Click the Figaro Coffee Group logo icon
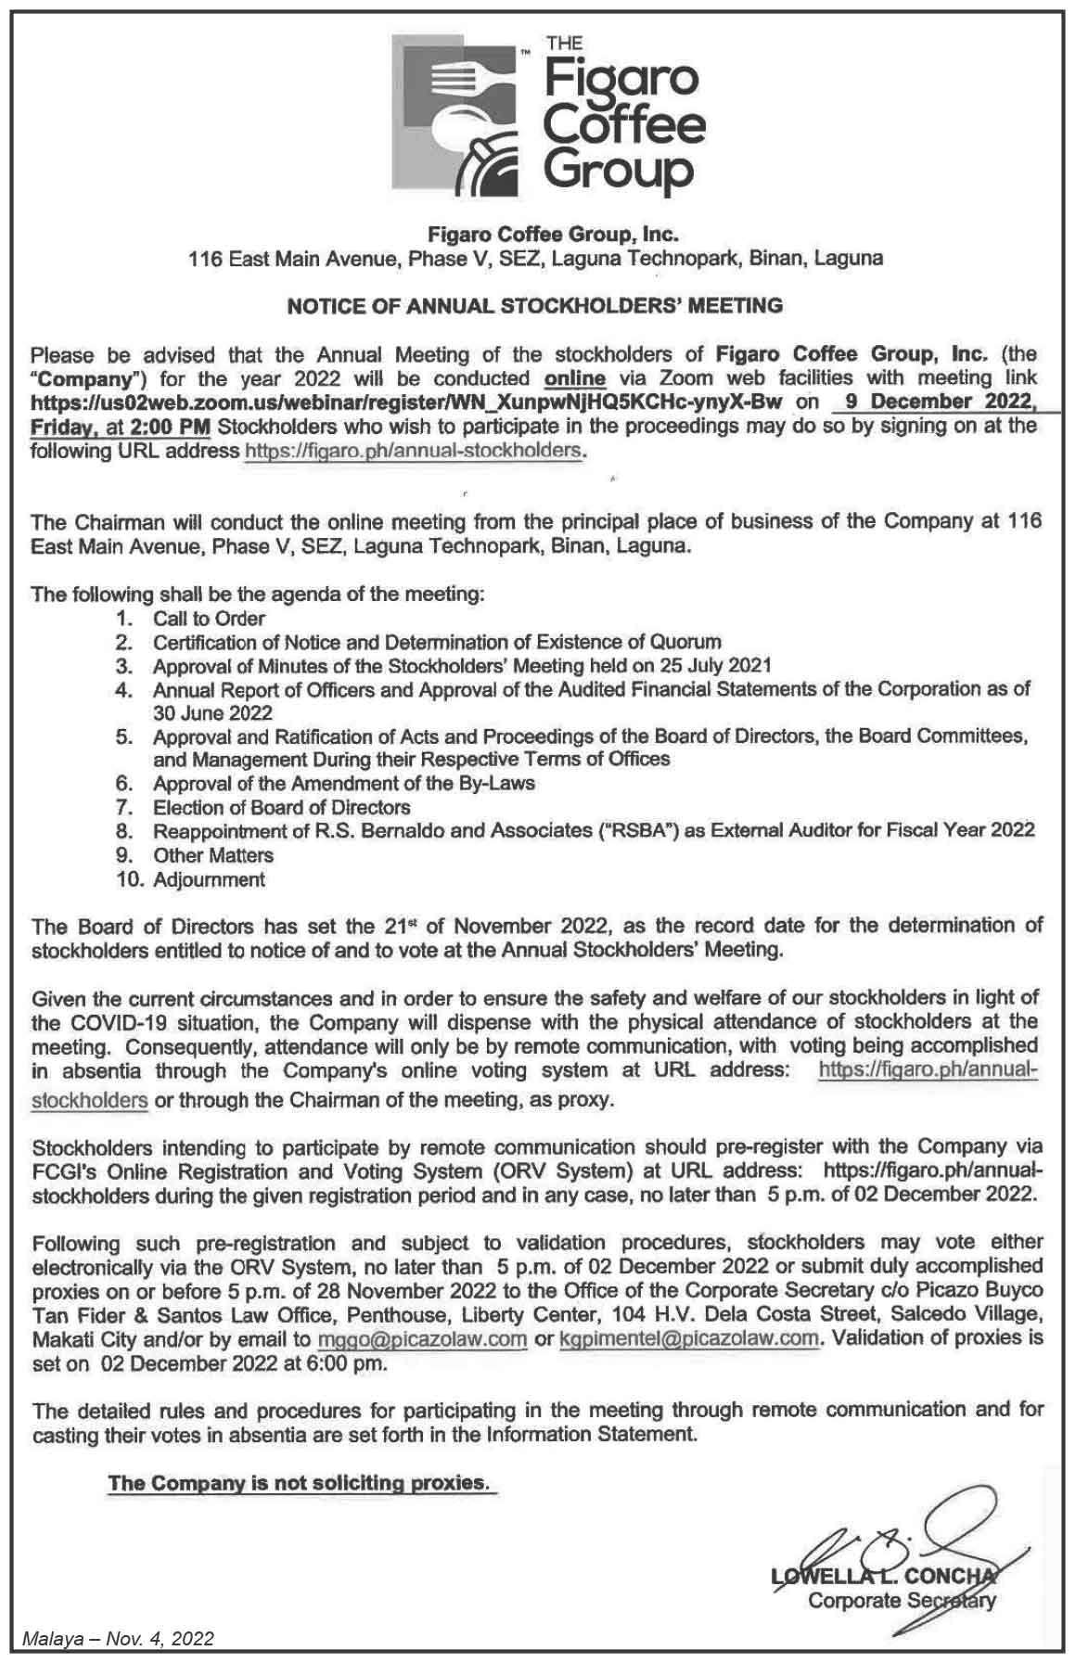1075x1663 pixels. click(x=454, y=111)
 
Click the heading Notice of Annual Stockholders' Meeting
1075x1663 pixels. click(x=535, y=305)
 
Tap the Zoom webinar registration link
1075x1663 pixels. click(x=407, y=402)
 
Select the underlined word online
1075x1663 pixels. click(x=575, y=378)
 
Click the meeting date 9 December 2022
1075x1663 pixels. click(x=933, y=402)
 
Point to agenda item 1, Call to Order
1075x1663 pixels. click(x=209, y=619)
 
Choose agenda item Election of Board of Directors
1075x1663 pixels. click(x=281, y=807)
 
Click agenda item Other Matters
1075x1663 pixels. click(x=213, y=855)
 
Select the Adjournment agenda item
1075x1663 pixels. click(x=209, y=879)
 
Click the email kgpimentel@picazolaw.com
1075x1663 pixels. click(x=689, y=1338)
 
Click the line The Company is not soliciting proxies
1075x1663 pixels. click(x=298, y=1482)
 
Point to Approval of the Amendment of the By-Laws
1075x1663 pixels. click(x=343, y=784)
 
